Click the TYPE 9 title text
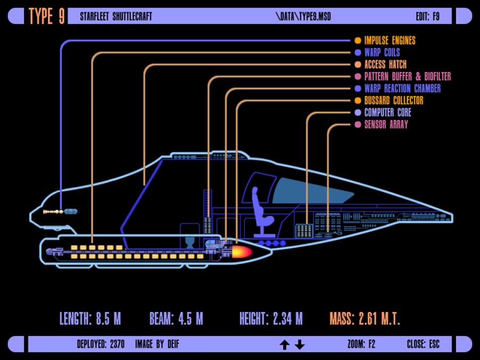47,17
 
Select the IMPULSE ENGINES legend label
389,41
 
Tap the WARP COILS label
382,52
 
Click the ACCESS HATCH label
385,65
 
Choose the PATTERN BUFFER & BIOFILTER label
407,76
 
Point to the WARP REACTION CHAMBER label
402,89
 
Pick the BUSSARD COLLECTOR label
394,100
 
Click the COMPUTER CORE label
388,113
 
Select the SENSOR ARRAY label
386,125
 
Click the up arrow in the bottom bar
284,345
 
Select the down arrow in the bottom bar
300,345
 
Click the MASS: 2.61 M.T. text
364,319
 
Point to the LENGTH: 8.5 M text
90,319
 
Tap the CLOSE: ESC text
423,345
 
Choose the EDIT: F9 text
428,17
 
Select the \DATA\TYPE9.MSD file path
303,17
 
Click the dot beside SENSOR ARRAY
357,125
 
